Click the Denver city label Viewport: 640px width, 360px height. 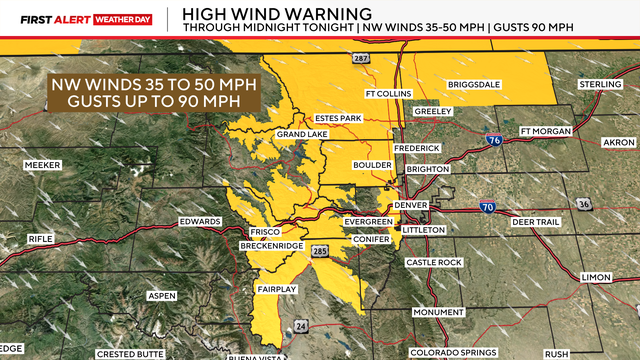[x=411, y=205]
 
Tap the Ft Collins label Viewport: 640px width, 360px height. [x=388, y=122]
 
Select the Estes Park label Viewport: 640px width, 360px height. [x=337, y=118]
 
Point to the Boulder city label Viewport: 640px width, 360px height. [x=371, y=164]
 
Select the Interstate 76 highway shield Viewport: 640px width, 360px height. [x=489, y=141]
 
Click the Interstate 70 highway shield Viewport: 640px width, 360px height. [x=487, y=207]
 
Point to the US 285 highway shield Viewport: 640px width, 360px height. [x=319, y=250]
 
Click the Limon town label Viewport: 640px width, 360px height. [x=596, y=276]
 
